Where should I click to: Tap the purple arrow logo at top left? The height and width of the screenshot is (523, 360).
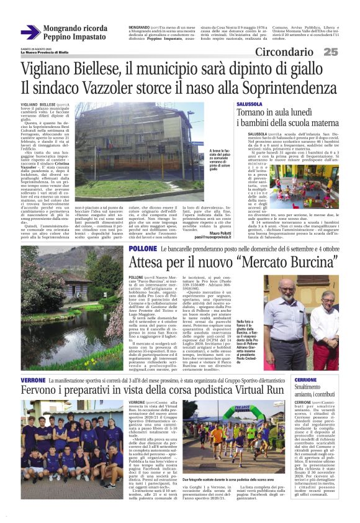[x=30, y=32]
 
